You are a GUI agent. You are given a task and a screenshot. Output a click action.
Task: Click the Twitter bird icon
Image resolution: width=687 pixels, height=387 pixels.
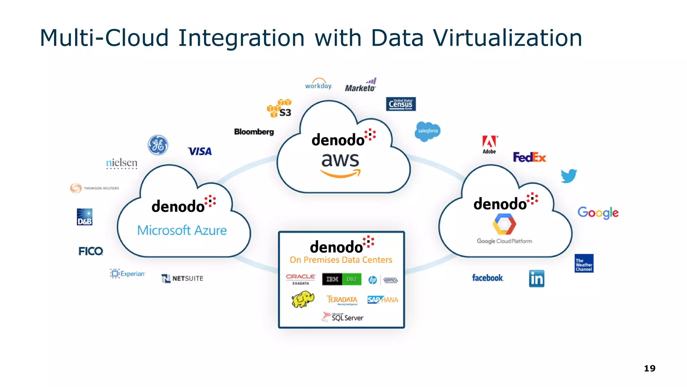[569, 176]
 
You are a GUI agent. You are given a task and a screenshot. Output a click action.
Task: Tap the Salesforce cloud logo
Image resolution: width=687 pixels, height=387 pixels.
[427, 131]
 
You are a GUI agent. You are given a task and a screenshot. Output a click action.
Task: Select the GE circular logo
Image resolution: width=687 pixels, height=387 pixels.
[158, 145]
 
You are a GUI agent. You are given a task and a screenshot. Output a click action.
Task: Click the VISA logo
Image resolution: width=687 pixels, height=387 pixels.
[200, 152]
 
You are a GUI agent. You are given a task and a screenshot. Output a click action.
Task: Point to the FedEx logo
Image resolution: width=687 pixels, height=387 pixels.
[529, 157]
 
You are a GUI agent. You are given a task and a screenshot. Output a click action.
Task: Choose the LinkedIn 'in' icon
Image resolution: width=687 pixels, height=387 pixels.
[536, 278]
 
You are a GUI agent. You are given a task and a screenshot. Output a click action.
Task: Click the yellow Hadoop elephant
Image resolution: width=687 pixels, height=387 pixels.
[303, 299]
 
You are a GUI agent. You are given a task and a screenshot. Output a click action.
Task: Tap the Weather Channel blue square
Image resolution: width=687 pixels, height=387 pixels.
[584, 263]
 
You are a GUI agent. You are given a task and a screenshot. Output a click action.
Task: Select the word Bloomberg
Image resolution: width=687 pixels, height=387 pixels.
[254, 132]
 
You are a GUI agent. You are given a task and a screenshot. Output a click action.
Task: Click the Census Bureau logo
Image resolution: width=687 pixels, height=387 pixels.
[401, 104]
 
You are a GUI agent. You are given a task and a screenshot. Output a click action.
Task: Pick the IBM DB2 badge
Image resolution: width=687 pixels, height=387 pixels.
[341, 279]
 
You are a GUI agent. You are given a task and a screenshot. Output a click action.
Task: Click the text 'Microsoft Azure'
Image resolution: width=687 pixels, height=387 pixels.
[182, 230]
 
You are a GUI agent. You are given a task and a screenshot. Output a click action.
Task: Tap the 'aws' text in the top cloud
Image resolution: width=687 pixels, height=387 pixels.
[340, 161]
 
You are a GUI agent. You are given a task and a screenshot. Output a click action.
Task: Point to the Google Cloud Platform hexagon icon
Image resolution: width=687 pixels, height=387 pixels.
[504, 225]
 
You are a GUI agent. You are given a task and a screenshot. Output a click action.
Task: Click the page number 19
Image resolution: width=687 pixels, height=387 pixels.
[649, 369]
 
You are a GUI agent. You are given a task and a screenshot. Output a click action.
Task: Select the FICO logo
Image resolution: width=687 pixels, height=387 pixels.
[91, 251]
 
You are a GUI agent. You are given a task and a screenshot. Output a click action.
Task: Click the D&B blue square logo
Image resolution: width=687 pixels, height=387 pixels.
[85, 217]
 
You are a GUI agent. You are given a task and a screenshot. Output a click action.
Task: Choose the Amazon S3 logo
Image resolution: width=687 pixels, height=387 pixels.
[279, 108]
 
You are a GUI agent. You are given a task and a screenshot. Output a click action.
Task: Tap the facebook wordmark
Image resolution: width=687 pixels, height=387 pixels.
[487, 278]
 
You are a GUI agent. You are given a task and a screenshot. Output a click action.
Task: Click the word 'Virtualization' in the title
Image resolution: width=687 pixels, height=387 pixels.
[507, 38]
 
